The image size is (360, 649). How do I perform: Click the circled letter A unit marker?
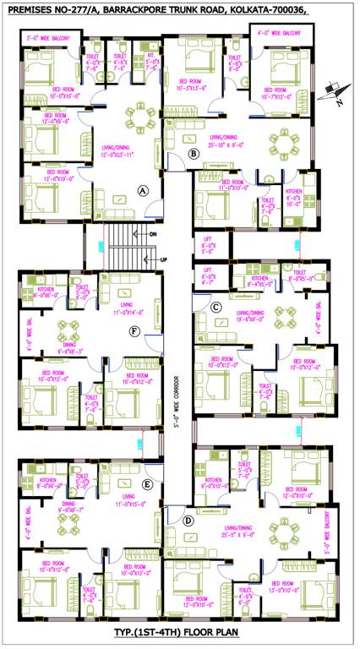pos(144,191)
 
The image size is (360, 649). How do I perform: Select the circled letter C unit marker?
pos(216,306)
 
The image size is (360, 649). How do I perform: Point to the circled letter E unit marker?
pos(147,484)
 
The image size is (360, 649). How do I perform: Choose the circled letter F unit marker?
pos(134,330)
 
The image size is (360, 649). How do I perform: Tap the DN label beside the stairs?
pos(153,233)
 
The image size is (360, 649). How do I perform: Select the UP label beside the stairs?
pos(153,259)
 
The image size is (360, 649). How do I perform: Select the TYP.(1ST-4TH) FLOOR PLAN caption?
pos(180,631)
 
